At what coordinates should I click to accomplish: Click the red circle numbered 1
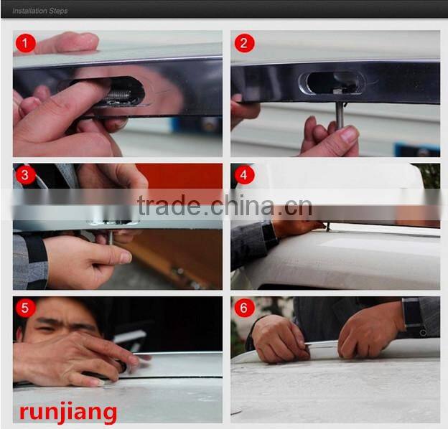[26, 43]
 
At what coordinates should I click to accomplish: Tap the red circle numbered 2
[244, 43]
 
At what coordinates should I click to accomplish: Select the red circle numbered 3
[26, 174]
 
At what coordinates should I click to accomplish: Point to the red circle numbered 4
[244, 174]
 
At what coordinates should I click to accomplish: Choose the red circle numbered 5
[26, 308]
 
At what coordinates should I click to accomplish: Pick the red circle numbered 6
[244, 308]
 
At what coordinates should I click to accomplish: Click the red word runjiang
[68, 412]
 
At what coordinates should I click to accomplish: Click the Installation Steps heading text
[40, 11]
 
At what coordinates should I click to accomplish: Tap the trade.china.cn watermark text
[225, 205]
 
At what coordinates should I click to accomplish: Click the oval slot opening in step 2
[332, 82]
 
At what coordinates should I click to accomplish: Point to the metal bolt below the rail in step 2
[340, 115]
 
